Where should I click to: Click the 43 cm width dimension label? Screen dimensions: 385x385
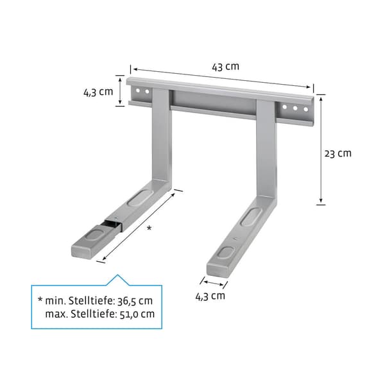[225, 67]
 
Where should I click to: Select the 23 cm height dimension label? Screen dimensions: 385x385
[338, 154]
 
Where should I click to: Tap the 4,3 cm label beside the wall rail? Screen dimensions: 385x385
[98, 92]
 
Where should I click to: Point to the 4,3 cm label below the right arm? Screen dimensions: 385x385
[210, 296]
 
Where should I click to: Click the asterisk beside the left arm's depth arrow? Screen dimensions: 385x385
[149, 228]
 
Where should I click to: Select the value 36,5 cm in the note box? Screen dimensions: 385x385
[135, 301]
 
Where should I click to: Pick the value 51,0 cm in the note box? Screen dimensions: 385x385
[137, 314]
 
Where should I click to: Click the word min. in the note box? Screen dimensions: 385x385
[55, 301]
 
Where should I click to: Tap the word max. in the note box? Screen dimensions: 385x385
[56, 314]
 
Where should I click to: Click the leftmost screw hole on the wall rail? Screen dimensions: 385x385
[138, 90]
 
